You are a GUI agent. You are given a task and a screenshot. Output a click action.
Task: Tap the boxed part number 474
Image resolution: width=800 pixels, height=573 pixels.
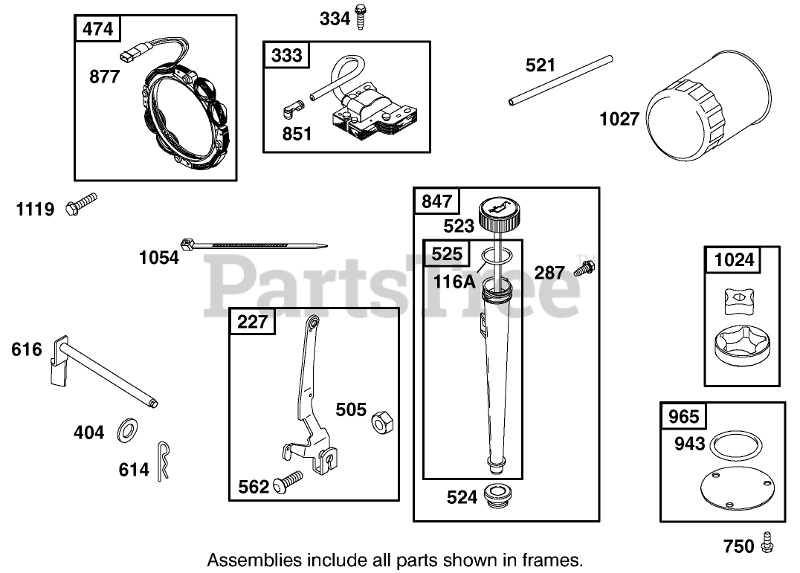(98, 29)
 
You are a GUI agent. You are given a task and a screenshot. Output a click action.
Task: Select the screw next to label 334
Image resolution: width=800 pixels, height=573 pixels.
(362, 16)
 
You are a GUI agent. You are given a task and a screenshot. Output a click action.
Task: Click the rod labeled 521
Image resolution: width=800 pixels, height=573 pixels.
(561, 80)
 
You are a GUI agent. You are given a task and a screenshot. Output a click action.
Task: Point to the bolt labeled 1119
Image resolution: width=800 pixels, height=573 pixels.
(81, 204)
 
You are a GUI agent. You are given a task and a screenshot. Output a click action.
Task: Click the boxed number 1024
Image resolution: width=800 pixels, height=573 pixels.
(733, 259)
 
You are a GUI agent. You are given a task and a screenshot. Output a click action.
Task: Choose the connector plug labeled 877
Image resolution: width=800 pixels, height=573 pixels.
(131, 54)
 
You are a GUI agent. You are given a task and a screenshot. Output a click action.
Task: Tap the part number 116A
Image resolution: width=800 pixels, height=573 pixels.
(454, 282)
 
